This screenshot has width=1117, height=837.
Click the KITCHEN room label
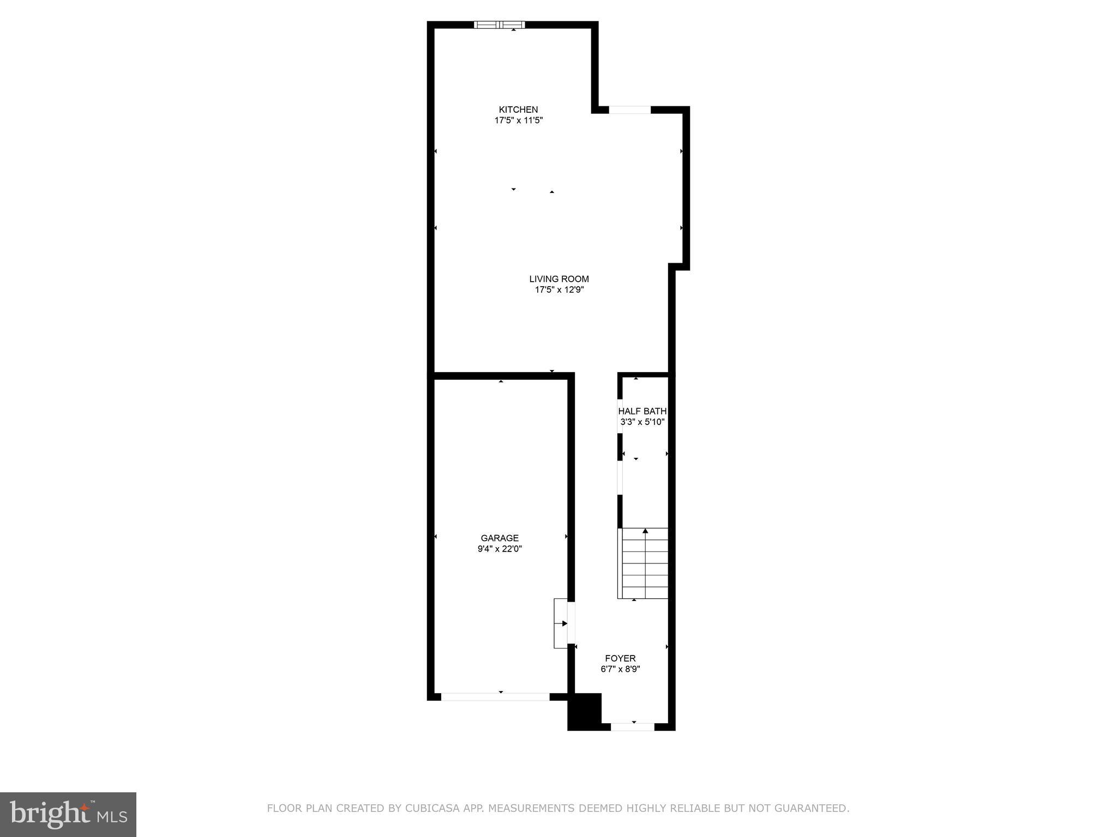(518, 110)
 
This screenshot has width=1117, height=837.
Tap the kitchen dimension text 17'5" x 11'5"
(518, 120)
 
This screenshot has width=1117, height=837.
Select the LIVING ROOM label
(559, 279)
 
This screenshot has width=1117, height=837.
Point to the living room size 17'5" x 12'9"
(559, 290)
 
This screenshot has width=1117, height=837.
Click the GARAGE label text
(500, 538)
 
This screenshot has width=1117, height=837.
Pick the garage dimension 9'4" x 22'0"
(500, 549)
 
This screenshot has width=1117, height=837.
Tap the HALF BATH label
(642, 411)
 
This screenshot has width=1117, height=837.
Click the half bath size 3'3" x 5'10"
(642, 422)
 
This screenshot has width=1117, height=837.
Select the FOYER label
(620, 658)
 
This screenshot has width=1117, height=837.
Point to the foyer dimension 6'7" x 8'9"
(620, 669)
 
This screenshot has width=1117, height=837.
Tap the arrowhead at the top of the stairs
(645, 530)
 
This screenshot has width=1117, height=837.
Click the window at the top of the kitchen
(499, 25)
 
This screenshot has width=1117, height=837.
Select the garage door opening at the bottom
(495, 697)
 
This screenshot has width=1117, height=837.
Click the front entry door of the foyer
(632, 726)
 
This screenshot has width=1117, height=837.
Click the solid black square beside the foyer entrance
(585, 711)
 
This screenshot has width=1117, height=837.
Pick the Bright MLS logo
(68, 814)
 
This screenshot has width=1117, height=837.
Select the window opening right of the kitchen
(630, 110)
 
